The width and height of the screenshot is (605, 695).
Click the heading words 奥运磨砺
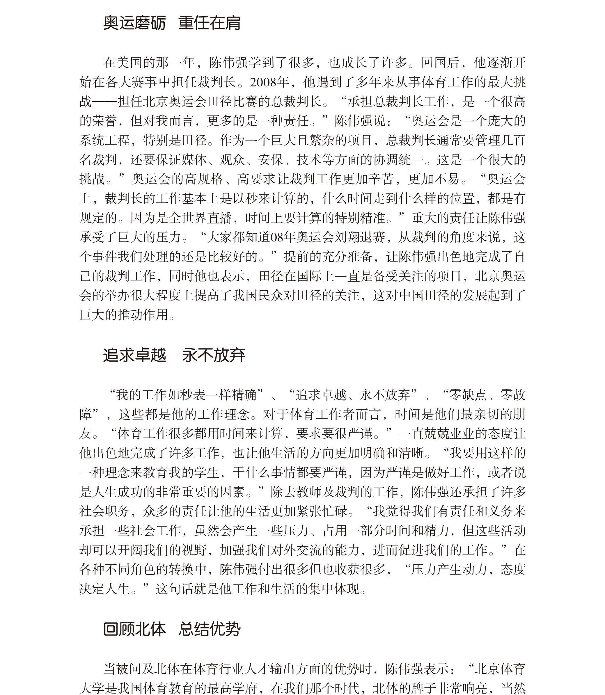tap(134, 23)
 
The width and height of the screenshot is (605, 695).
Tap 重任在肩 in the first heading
tap(209, 23)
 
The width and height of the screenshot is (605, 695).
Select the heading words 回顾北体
tap(134, 629)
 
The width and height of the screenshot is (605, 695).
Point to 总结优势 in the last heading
tap(209, 629)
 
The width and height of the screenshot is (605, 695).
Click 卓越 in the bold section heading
tap(150, 355)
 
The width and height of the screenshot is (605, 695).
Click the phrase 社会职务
tap(105, 511)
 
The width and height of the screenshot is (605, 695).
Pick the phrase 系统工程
tap(105, 141)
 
